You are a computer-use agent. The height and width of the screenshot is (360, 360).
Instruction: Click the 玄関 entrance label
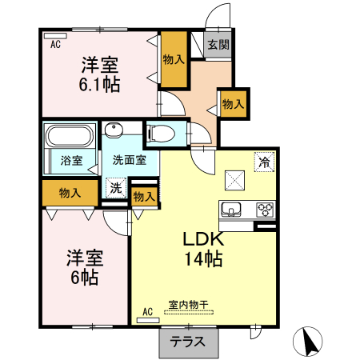point(217,45)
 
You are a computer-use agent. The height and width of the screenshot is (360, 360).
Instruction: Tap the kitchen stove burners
point(265,210)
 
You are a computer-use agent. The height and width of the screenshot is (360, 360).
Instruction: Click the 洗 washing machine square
point(117,189)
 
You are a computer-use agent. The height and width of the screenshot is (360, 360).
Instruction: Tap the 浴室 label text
point(71,160)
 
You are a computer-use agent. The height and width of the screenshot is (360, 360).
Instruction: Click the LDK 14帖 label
point(202,249)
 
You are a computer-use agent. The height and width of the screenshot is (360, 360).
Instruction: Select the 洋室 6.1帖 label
point(99,73)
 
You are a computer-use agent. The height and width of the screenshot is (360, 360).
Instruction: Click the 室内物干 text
point(188,304)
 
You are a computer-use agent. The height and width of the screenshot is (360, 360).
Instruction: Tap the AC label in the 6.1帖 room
point(56,45)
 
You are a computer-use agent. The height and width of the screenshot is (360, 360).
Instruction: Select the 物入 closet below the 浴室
point(70,192)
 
